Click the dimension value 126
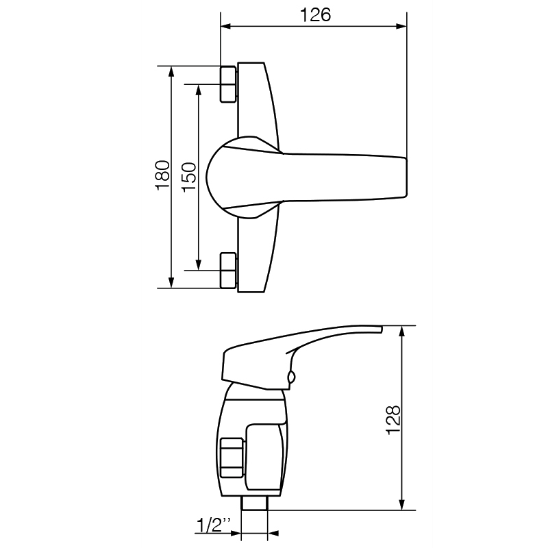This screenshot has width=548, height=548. (315, 15)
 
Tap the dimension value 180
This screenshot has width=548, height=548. (162, 175)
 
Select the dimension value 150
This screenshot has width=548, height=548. (189, 177)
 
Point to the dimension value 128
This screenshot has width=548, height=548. (393, 420)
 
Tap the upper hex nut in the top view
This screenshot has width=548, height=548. (228, 84)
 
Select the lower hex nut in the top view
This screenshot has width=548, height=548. (228, 271)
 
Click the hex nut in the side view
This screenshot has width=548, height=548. (232, 458)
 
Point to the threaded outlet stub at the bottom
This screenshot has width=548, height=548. (254, 503)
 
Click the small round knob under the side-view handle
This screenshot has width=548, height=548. (292, 377)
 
